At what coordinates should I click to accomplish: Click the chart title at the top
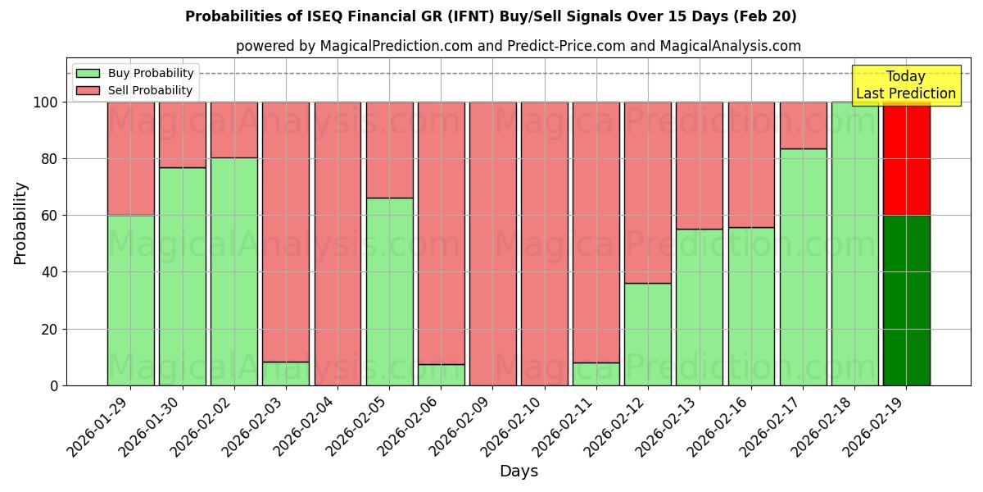pos(491,16)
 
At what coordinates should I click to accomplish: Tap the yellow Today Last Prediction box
pos(905,85)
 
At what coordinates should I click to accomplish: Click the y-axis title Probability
pos(20,222)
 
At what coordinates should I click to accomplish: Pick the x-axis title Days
pos(519,471)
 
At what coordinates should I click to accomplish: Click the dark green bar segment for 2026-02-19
pos(906,300)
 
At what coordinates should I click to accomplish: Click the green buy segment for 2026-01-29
pos(130,300)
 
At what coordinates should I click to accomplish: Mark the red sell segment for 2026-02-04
pos(337,244)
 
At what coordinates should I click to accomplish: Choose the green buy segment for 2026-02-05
pos(389,291)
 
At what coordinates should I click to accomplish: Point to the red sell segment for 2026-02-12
pos(648,193)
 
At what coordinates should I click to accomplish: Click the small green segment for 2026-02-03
pos(286,374)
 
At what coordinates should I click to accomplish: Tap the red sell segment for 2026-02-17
pos(803,125)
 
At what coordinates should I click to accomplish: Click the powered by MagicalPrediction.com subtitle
pos(519,46)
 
